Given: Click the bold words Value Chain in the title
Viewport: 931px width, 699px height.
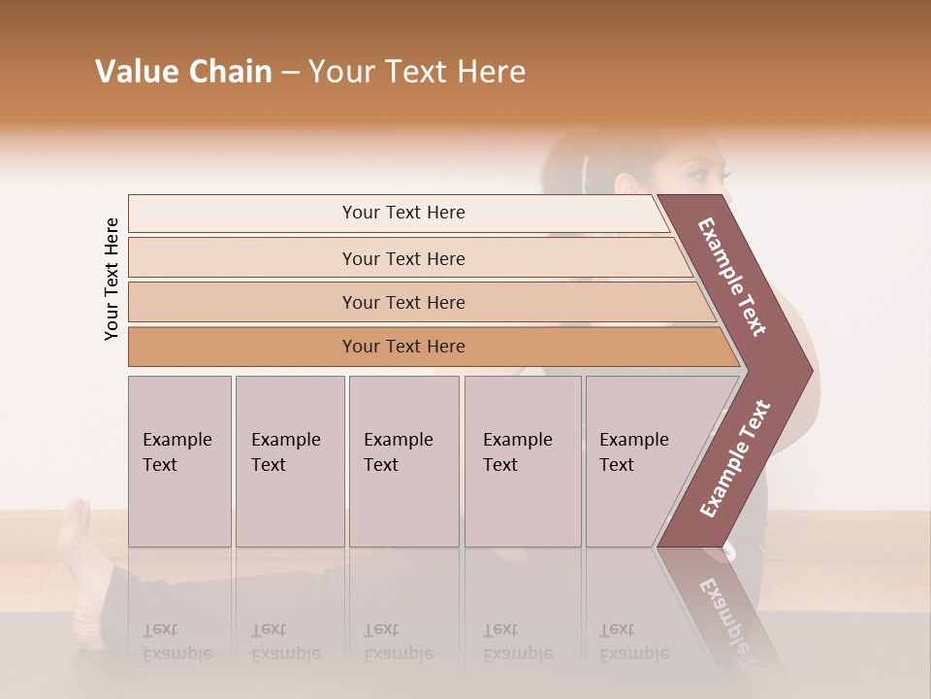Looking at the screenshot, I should (x=183, y=72).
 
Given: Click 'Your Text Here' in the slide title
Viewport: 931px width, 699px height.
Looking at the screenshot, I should (x=417, y=72).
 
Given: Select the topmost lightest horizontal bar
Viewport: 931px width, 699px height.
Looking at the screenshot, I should (x=403, y=213).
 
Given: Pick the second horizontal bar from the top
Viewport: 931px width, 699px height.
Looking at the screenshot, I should (x=403, y=258).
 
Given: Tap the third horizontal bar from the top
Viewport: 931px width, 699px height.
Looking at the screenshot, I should (x=403, y=302).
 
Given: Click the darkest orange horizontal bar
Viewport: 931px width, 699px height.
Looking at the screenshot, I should (x=403, y=347).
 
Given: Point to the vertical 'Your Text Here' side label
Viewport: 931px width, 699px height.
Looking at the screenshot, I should (x=112, y=279).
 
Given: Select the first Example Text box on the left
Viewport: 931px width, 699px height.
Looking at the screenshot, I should (x=179, y=461).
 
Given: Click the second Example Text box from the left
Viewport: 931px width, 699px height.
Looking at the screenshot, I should (x=289, y=461).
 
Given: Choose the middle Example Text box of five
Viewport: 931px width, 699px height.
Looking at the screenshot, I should (x=403, y=461).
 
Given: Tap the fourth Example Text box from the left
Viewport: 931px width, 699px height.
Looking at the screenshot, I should (x=522, y=461).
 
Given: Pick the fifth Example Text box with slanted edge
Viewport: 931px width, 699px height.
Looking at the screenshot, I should (x=635, y=461).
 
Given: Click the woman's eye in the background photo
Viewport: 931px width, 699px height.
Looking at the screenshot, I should (x=698, y=175).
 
